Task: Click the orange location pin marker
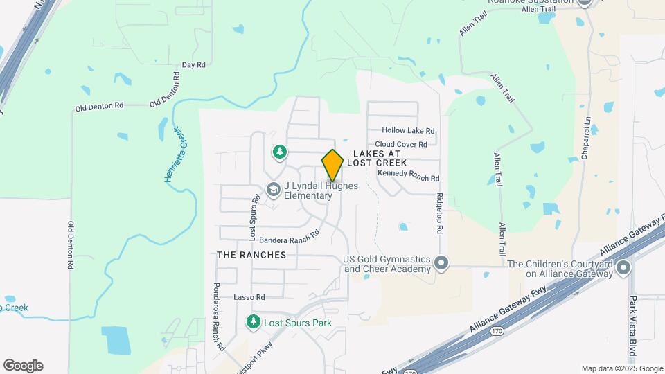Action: click(x=332, y=165)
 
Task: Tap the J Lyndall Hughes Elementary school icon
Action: click(x=274, y=189)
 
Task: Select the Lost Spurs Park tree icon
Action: click(x=254, y=322)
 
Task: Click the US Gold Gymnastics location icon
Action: click(x=441, y=263)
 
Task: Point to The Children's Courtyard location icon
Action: click(x=623, y=267)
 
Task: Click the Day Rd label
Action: click(x=193, y=65)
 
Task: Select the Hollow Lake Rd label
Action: click(x=409, y=130)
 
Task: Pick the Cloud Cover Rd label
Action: click(x=406, y=144)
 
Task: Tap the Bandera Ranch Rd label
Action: click(x=289, y=237)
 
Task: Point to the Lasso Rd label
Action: click(x=249, y=297)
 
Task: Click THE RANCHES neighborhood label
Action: click(x=251, y=255)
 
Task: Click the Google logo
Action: click(x=23, y=366)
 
